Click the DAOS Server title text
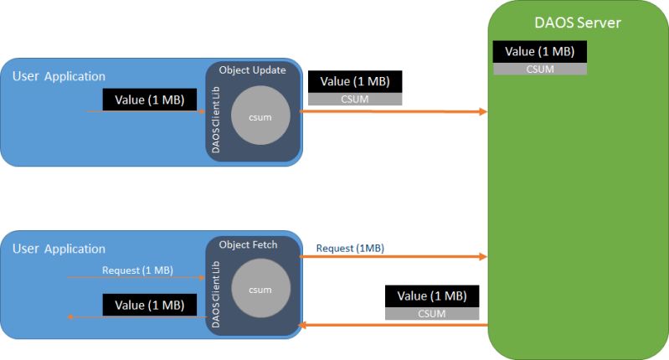[577, 23]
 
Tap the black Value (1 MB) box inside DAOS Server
[540, 52]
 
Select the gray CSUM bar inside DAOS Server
[540, 69]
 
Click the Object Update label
[252, 70]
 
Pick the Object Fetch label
[248, 244]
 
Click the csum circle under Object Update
[260, 116]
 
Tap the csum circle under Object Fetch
[260, 288]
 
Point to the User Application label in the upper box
[59, 76]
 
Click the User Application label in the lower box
[59, 249]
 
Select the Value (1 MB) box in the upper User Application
[150, 100]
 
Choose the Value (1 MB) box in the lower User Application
[150, 305]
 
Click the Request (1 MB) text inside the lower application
[137, 270]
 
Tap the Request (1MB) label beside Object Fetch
[350, 249]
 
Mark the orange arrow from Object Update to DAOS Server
[393, 111]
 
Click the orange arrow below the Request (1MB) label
[393, 256]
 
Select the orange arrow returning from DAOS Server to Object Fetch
[393, 326]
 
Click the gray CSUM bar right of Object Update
[355, 99]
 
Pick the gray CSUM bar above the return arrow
[432, 313]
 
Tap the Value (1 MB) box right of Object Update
[355, 81]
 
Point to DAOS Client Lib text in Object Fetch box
[216, 295]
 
